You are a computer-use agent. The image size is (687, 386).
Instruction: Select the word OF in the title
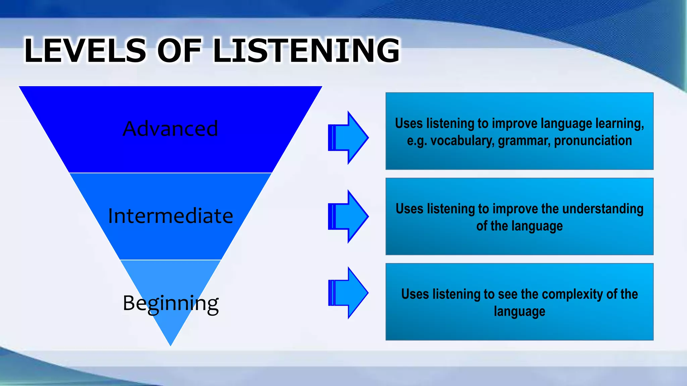[x=179, y=51]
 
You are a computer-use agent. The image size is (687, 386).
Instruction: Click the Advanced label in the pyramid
[x=170, y=129]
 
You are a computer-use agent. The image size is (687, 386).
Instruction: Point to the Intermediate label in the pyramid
[x=170, y=216]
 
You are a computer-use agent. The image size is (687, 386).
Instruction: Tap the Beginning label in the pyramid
[x=170, y=303]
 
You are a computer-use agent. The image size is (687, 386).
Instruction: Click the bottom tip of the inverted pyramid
[x=170, y=343]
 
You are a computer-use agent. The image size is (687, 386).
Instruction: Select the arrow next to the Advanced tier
[x=349, y=137]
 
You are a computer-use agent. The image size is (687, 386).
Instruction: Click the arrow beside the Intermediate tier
[x=349, y=216]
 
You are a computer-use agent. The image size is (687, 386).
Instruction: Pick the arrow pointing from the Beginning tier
[x=349, y=293]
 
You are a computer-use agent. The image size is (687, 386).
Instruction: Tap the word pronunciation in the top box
[x=593, y=141]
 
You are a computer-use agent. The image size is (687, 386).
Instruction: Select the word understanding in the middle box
[x=603, y=209]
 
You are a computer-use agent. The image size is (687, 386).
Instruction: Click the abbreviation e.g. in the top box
[x=417, y=141]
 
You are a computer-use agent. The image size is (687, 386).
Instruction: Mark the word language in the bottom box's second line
[x=519, y=312]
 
